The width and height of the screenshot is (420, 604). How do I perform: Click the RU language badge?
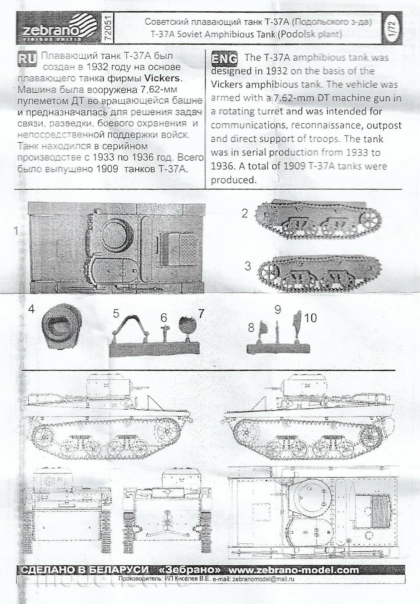[27, 58]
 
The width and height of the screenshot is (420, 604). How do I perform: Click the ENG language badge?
[224, 59]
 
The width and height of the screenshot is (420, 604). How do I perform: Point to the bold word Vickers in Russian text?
[167, 78]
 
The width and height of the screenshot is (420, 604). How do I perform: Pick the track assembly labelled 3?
[318, 271]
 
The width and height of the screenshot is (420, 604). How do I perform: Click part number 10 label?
[310, 318]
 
